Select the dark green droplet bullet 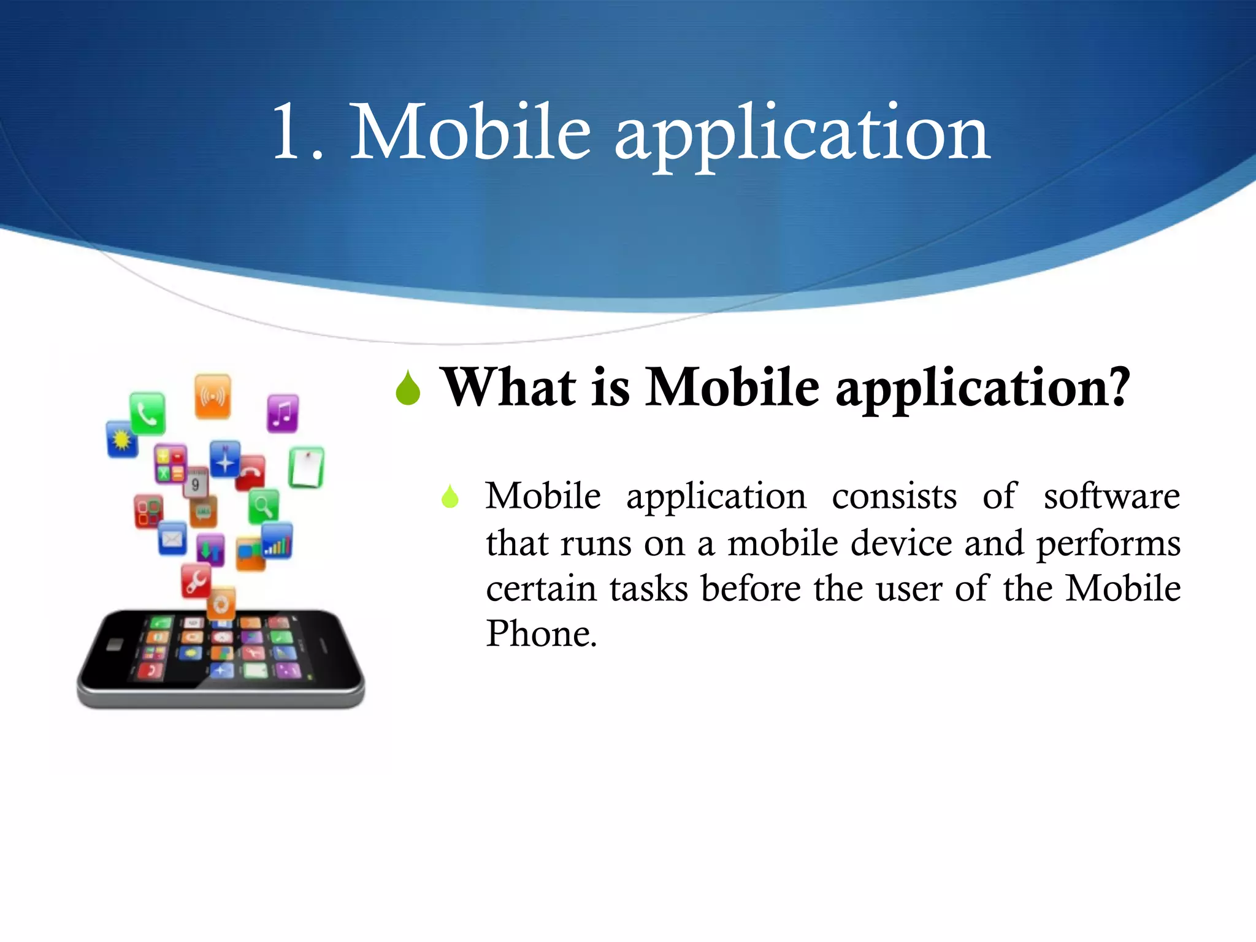[x=408, y=389]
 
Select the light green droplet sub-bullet [x=450, y=497]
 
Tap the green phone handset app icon [x=147, y=413]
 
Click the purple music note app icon [x=283, y=413]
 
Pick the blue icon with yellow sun [x=122, y=439]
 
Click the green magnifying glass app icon [x=264, y=507]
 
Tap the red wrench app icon [x=196, y=581]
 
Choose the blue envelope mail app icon [x=172, y=538]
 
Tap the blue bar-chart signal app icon [x=277, y=541]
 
